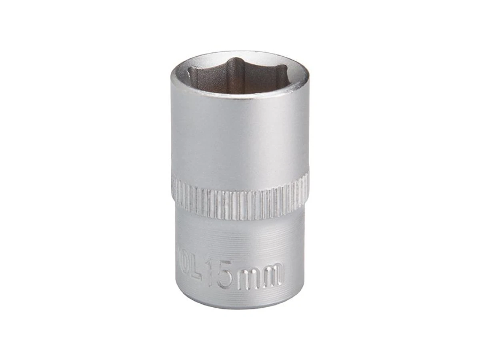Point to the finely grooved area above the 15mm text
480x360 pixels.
[240, 240]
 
